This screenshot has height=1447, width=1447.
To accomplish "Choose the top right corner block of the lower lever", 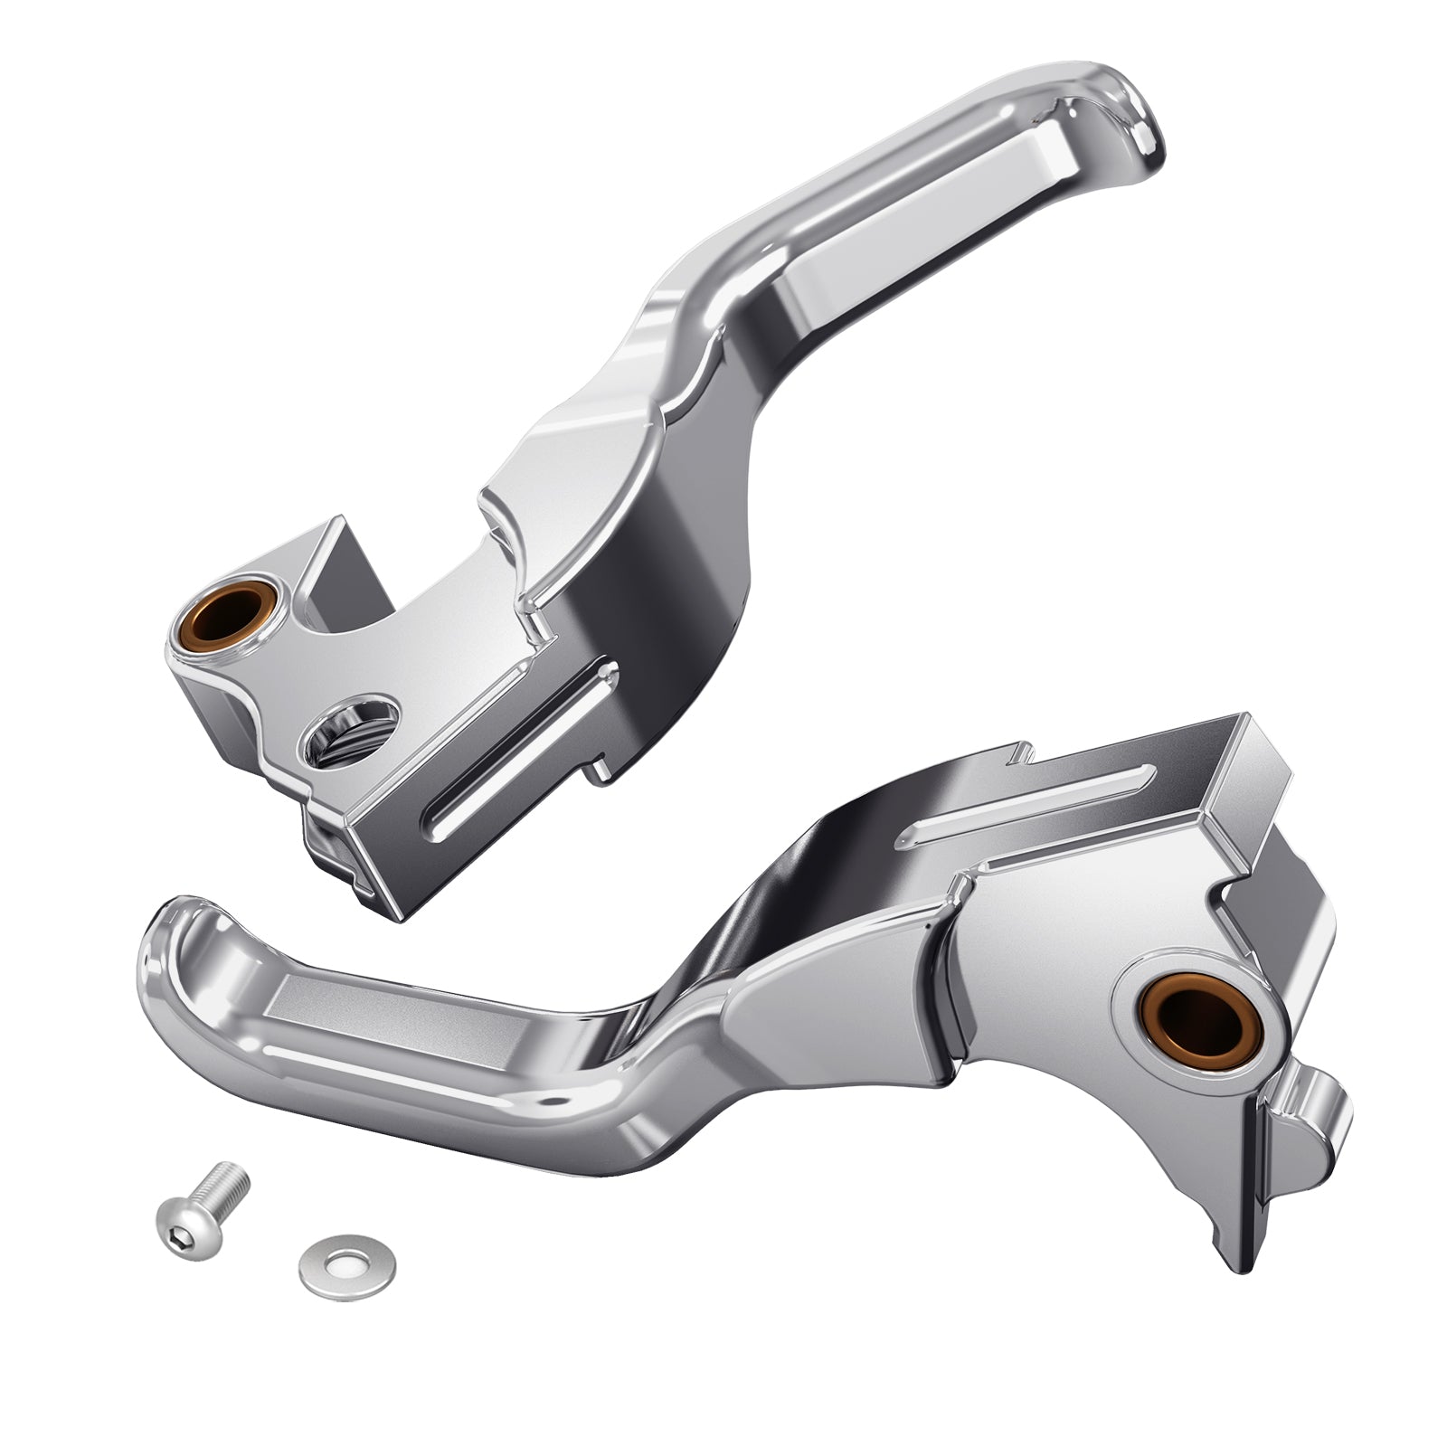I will (x=1257, y=751).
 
